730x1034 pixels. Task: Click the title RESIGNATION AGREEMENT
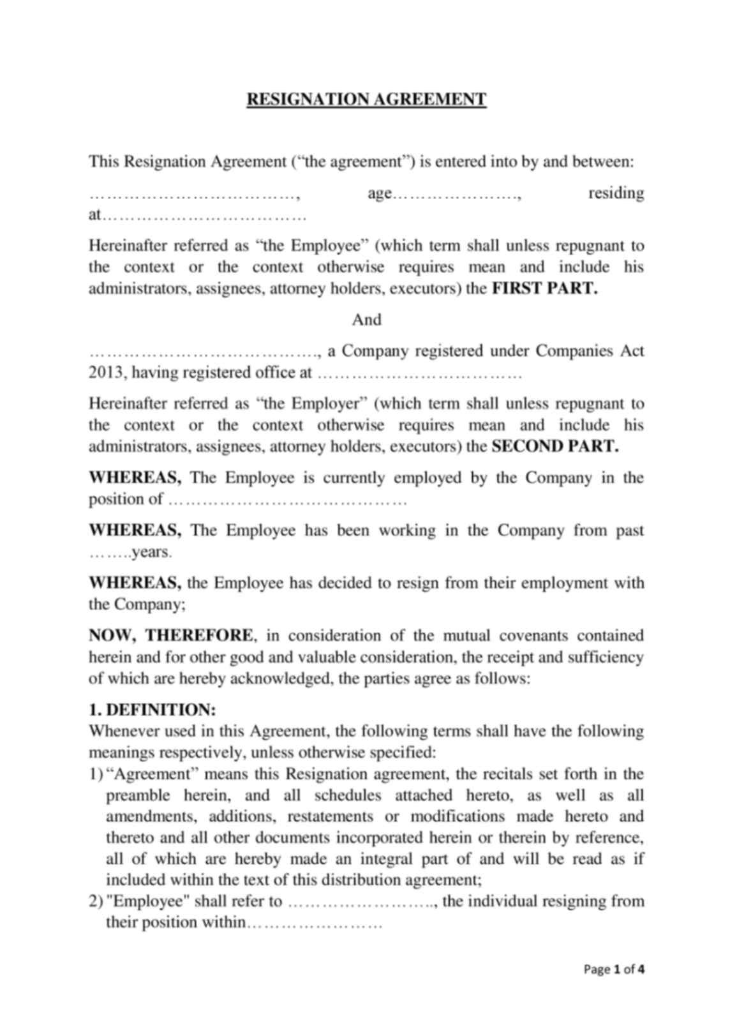(x=366, y=100)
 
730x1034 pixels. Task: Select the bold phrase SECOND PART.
(x=555, y=447)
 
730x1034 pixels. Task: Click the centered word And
(x=366, y=320)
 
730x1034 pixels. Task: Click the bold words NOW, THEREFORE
(x=170, y=636)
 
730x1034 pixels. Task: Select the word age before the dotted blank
(x=379, y=193)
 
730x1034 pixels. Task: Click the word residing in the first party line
(x=615, y=193)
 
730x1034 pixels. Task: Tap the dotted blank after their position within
(x=314, y=924)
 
